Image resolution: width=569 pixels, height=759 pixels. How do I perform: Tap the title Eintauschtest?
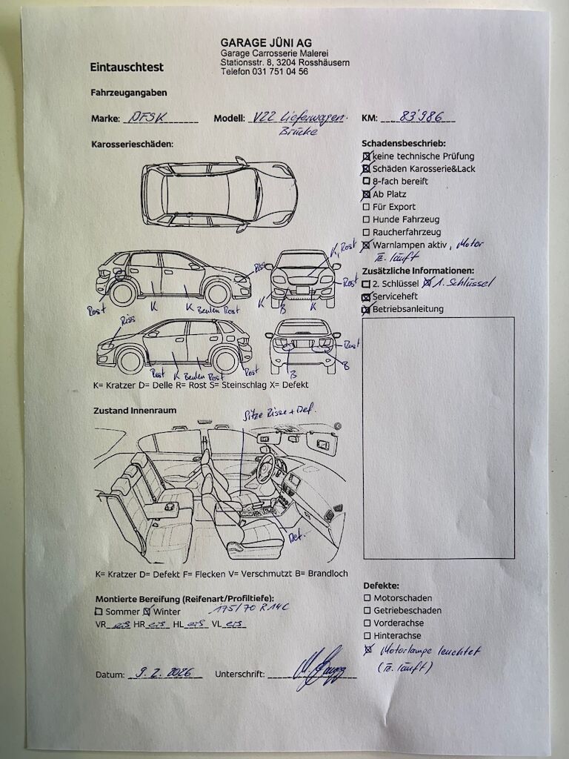coord(127,67)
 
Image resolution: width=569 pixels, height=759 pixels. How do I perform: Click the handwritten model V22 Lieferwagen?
coord(298,117)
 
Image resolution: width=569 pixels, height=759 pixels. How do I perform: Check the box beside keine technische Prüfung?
coord(366,156)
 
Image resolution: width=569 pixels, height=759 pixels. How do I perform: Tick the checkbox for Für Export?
coord(366,207)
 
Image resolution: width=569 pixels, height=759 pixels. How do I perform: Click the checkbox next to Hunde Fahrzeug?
coord(366,219)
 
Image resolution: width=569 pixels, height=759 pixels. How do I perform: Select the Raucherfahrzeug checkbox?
coord(366,232)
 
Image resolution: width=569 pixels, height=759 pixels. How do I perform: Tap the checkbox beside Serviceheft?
coord(366,296)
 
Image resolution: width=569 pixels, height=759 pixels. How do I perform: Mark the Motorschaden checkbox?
coord(367,598)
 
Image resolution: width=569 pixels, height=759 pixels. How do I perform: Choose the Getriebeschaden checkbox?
coord(367,611)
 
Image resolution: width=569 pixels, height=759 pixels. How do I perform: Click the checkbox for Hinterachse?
coord(367,636)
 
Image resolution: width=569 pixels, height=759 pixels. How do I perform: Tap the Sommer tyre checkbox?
coord(99,612)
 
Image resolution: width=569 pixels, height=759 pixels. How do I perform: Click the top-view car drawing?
coord(219,192)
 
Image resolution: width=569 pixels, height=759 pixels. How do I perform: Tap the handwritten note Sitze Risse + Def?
coord(279,411)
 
